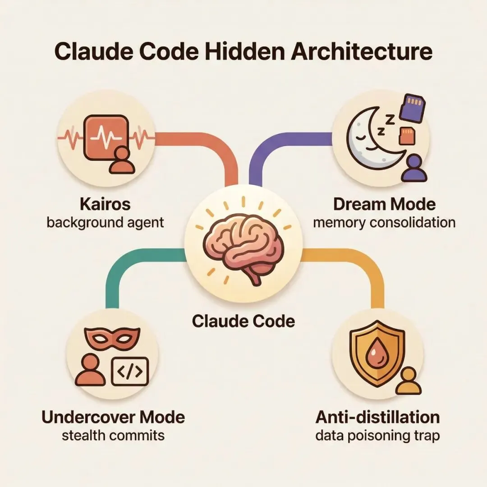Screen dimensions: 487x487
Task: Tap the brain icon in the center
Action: click(243, 248)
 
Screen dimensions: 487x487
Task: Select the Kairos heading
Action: click(105, 204)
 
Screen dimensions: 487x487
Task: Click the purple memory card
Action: click(412, 108)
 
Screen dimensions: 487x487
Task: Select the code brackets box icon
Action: click(129, 370)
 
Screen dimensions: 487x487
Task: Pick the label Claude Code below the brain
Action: click(243, 321)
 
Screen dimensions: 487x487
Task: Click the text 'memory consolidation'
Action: click(384, 222)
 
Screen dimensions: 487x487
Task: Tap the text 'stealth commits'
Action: click(113, 436)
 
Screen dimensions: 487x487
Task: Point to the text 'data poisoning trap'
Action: click(377, 436)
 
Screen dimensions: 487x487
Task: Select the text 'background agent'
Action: click(105, 222)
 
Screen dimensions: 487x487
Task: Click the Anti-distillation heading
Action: click(377, 417)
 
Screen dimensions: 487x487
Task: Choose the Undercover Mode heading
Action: click(113, 417)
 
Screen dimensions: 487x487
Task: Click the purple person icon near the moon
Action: click(413, 168)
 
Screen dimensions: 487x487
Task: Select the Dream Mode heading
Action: click(384, 204)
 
